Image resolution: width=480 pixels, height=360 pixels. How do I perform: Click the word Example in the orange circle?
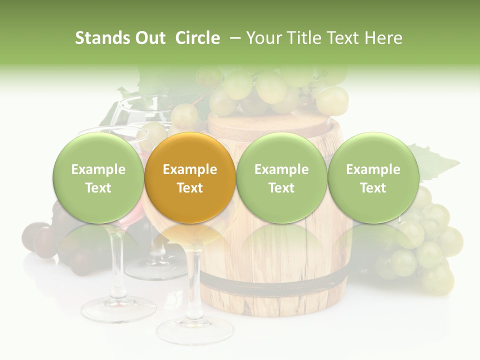190,169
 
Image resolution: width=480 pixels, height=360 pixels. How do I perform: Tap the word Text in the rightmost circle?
373,188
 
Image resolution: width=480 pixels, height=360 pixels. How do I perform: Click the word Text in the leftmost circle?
98,188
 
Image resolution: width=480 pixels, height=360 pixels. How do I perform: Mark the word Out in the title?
149,38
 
